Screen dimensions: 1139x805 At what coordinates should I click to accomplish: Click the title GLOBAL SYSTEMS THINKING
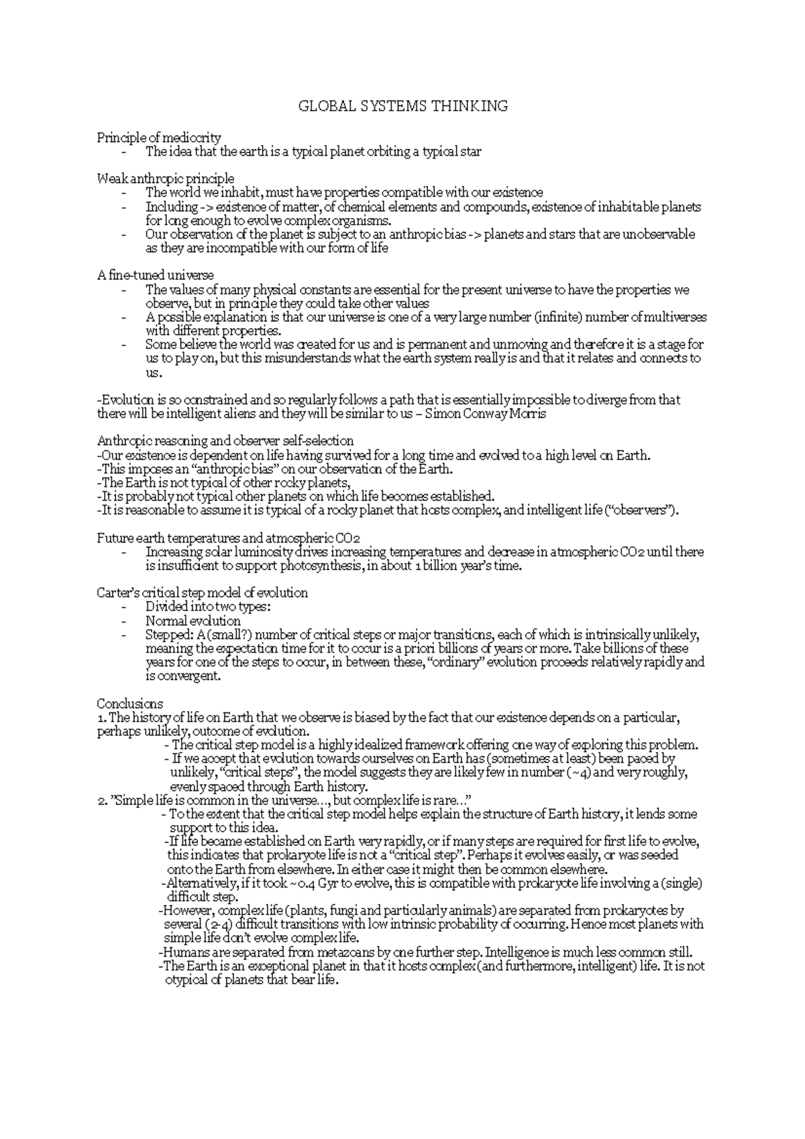click(x=402, y=106)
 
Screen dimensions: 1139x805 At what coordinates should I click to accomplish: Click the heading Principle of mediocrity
click(x=158, y=138)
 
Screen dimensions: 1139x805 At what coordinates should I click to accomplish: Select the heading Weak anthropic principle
click(x=166, y=178)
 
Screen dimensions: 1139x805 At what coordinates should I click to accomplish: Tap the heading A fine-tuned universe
click(x=156, y=275)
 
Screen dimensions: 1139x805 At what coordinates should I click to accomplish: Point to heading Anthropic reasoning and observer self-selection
click(x=225, y=441)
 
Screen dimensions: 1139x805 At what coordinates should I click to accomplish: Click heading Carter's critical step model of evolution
click(x=203, y=593)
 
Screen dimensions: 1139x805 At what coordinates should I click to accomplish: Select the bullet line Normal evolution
click(x=193, y=620)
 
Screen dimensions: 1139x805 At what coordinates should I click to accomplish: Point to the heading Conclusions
click(x=130, y=704)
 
